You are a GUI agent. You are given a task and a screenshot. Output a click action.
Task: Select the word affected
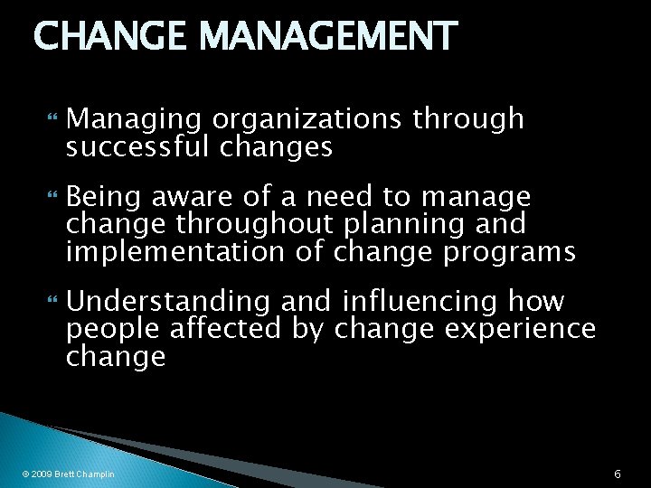pos(221,329)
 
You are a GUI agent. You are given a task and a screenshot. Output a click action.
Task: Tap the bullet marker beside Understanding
pos(49,301)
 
